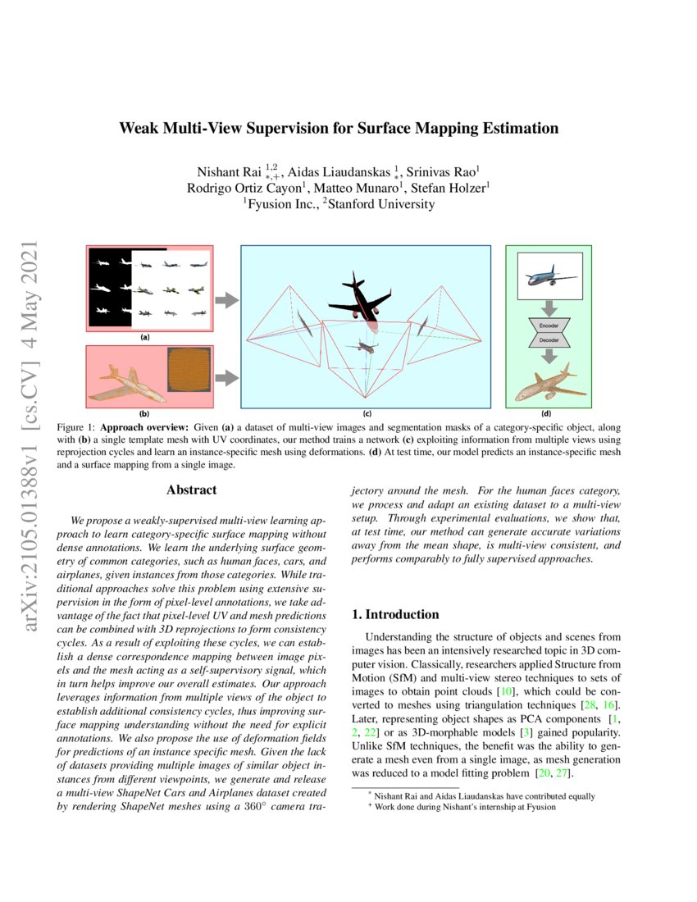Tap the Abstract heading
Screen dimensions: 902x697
(191, 490)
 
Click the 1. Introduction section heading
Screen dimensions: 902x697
(395, 614)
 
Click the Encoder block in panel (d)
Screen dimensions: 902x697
(549, 326)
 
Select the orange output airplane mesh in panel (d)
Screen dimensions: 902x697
(549, 387)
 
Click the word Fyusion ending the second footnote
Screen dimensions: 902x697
(540, 807)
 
